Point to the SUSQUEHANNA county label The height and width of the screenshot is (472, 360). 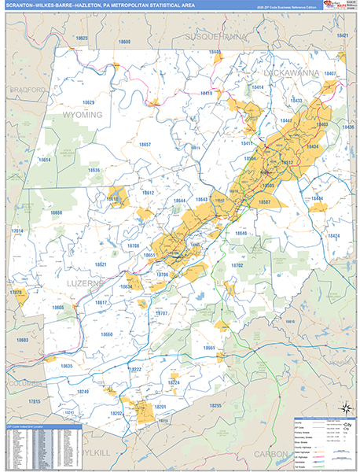[x=216, y=37]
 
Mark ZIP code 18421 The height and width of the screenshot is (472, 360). [x=341, y=35]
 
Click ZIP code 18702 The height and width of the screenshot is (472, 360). [x=237, y=266]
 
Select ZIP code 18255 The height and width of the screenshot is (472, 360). [x=216, y=405]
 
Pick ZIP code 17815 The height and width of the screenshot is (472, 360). [x=35, y=401]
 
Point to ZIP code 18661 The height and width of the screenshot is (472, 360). [x=210, y=347]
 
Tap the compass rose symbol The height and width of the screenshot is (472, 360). [x=343, y=407]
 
